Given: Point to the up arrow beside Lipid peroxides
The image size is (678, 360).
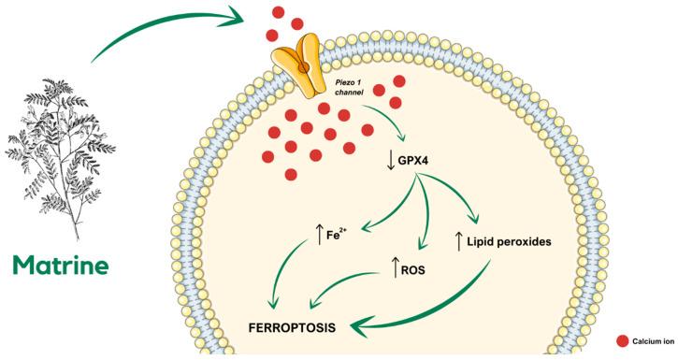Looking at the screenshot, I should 459,242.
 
